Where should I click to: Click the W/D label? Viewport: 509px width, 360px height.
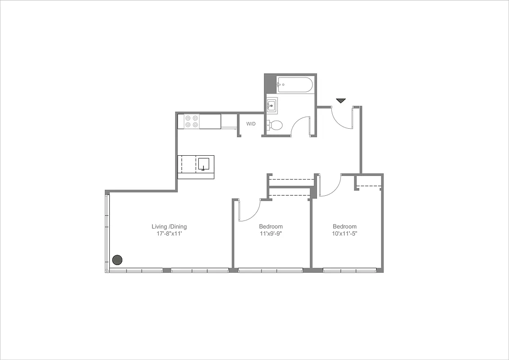(x=250, y=124)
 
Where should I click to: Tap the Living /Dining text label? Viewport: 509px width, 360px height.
(x=169, y=226)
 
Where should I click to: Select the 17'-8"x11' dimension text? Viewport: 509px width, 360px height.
(x=169, y=234)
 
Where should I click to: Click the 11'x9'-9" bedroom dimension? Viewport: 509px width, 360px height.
(x=271, y=234)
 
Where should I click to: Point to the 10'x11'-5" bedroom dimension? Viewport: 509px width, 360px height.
(x=344, y=234)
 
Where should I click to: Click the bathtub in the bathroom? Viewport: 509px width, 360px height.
(x=295, y=85)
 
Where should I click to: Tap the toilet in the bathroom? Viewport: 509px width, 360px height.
(x=275, y=125)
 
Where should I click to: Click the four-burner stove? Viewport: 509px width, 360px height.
(x=192, y=121)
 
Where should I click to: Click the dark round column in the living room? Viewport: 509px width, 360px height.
(x=117, y=260)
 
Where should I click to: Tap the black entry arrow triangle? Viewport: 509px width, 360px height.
(x=341, y=101)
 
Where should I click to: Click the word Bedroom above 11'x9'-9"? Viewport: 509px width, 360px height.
(x=271, y=226)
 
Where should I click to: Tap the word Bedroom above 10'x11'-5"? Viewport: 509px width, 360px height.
(x=344, y=226)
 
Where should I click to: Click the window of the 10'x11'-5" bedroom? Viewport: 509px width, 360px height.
(x=349, y=270)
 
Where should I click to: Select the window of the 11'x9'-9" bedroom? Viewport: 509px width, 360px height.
(x=270, y=270)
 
